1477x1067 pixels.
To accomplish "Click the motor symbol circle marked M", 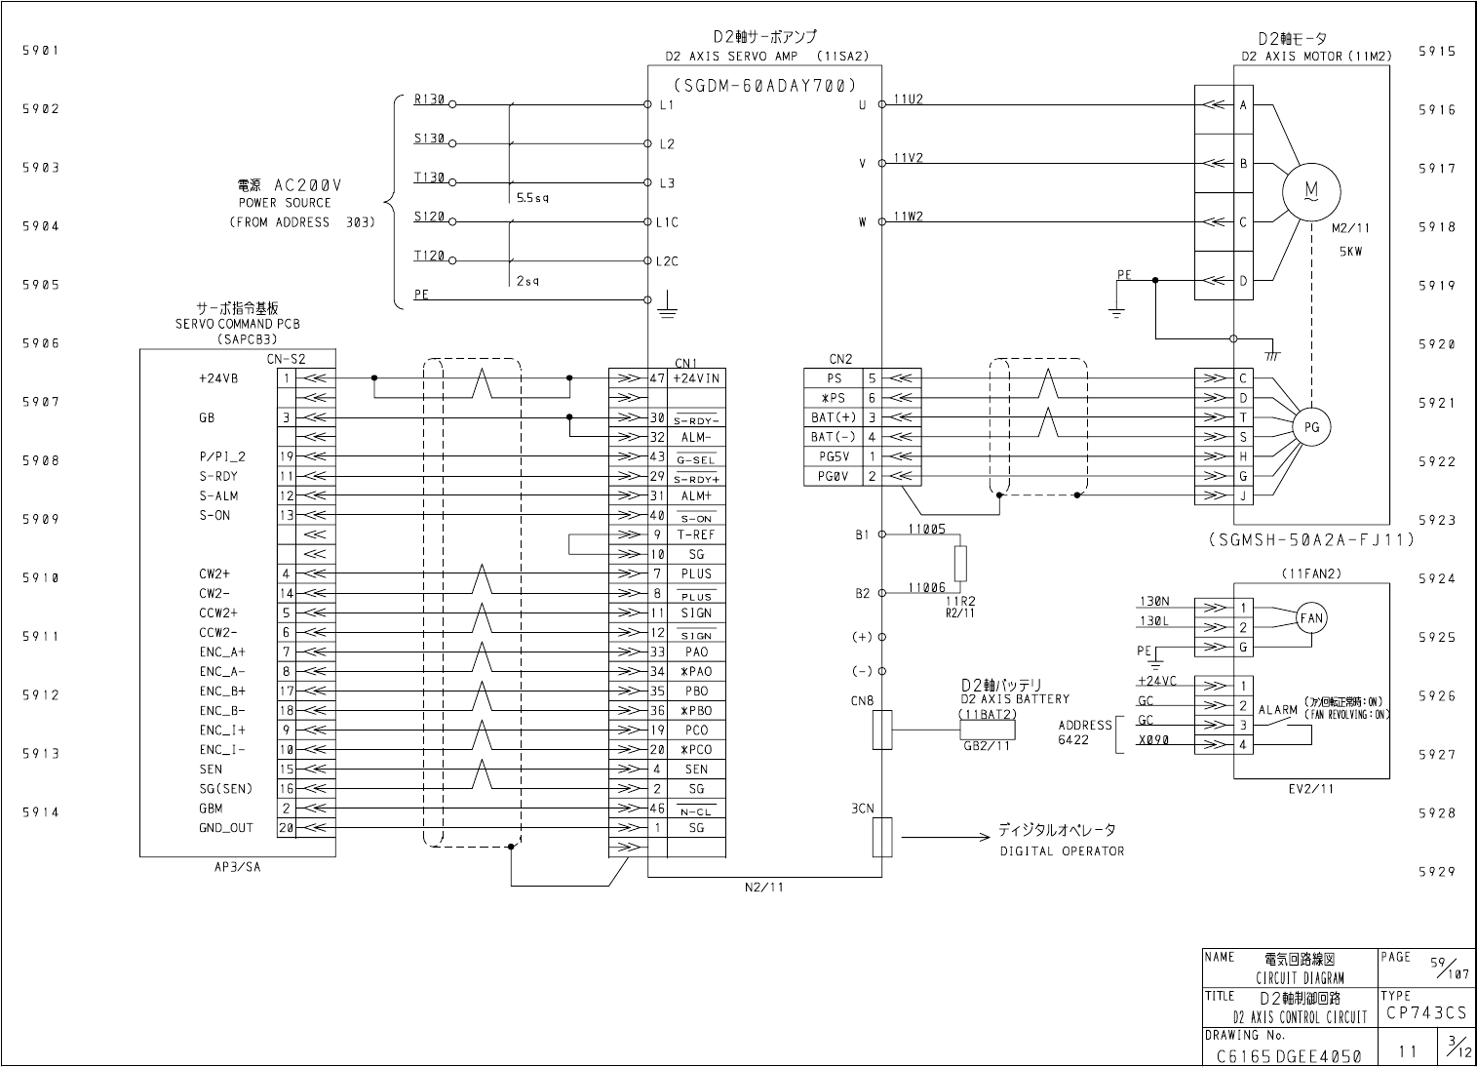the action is pos(1311,191).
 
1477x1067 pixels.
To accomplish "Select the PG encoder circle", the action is pos(1311,427).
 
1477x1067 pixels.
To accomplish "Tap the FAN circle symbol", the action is pos(1311,618).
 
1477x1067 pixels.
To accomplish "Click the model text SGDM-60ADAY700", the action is pos(765,85).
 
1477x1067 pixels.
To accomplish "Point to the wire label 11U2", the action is pos(908,99).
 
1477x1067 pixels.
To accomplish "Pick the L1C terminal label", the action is pos(667,222).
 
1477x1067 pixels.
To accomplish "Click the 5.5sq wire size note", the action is pos(532,198).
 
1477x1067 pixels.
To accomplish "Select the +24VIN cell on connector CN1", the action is pos(696,378).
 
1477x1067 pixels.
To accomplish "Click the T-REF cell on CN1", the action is pos(696,534).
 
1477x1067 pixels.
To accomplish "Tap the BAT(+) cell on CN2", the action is pos(834,417).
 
